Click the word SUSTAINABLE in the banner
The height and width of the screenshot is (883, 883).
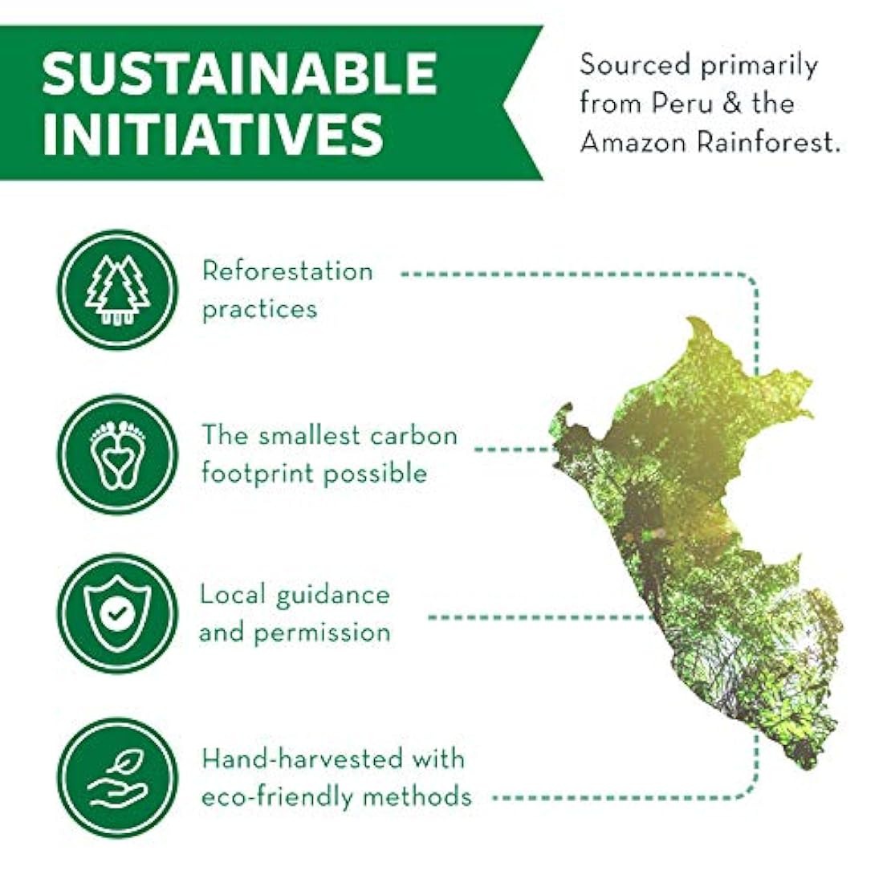point(240,74)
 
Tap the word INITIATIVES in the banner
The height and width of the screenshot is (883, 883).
point(213,135)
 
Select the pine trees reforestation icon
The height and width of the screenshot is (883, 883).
point(118,290)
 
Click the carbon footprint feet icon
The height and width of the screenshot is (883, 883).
point(118,454)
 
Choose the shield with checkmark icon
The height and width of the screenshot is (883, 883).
point(118,613)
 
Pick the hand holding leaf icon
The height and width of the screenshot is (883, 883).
point(118,778)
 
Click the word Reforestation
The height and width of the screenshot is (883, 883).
point(287,271)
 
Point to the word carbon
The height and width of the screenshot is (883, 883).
point(413,435)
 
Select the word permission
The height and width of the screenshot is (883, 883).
point(322,633)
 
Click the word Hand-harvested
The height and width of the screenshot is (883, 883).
point(303,759)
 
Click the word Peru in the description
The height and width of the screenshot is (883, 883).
point(683,104)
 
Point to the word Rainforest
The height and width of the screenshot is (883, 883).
point(767,141)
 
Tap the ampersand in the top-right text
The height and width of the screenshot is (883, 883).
point(732,104)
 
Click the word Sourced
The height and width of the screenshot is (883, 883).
point(635,64)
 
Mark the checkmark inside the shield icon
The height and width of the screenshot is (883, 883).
point(118,612)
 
